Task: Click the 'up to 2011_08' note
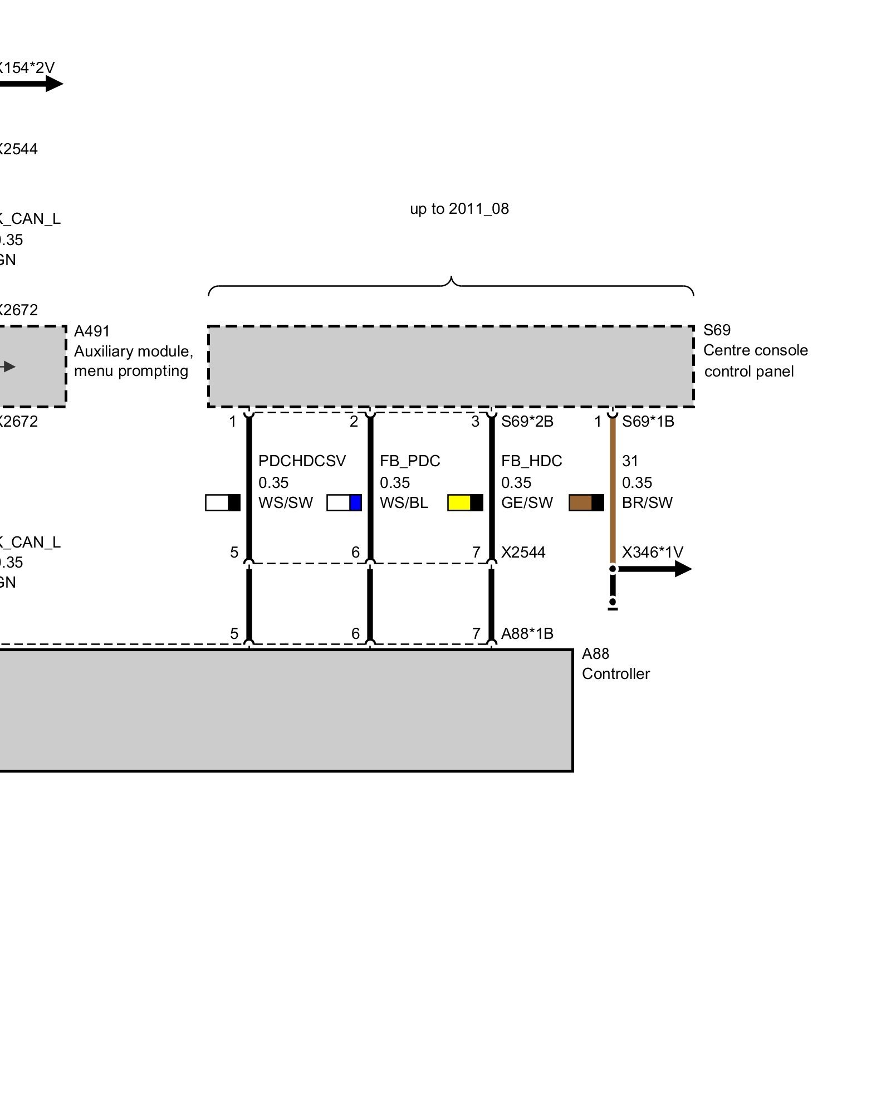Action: [x=459, y=209]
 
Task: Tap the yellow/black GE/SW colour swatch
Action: [x=465, y=502]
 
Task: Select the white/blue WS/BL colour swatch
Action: [x=344, y=502]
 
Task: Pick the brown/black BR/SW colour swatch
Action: [x=586, y=502]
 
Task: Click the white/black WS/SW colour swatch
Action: [x=223, y=502]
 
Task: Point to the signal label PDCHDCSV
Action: [x=302, y=461]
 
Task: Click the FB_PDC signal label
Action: [x=410, y=461]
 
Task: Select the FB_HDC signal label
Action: [x=531, y=461]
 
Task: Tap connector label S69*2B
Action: [x=527, y=422]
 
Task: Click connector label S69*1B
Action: [x=648, y=422]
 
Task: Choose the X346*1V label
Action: [x=652, y=553]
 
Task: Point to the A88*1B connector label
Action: [x=527, y=634]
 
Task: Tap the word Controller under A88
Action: [x=615, y=674]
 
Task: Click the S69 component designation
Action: [x=717, y=330]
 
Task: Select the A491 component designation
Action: [x=92, y=331]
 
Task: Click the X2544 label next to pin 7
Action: [x=523, y=553]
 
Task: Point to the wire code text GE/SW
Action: [x=527, y=503]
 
